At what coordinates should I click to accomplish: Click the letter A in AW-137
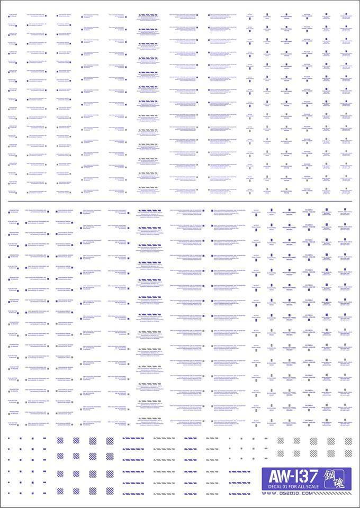(275, 476)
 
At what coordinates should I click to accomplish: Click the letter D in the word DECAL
(269, 487)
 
